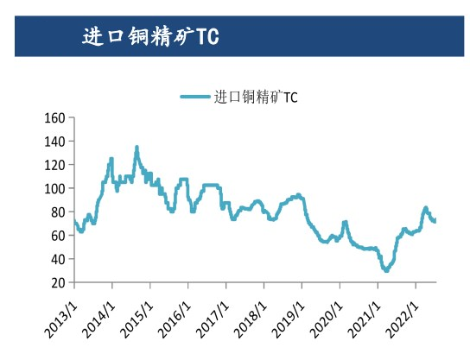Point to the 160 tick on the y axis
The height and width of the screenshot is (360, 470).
coord(54,117)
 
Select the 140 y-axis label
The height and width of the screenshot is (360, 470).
coord(54,141)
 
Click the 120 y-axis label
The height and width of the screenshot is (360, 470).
coord(54,165)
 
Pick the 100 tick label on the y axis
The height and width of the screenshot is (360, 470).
coord(54,188)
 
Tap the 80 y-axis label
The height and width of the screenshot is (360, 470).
coord(58,212)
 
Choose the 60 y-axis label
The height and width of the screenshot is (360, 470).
coord(58,236)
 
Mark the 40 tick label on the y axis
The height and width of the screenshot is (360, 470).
coord(58,259)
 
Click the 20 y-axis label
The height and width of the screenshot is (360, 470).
coord(58,282)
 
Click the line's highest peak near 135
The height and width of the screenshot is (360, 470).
coord(137,148)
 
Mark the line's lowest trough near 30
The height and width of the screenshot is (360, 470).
coord(385,270)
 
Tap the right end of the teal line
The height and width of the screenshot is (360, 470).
coord(435,221)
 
